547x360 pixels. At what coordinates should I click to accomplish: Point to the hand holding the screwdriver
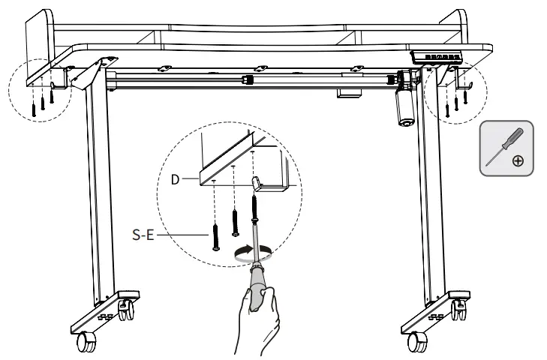259,319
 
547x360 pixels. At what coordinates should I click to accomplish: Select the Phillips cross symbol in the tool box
518,161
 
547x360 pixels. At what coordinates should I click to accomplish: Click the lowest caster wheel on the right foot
414,343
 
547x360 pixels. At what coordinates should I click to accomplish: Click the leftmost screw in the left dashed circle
33,109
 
